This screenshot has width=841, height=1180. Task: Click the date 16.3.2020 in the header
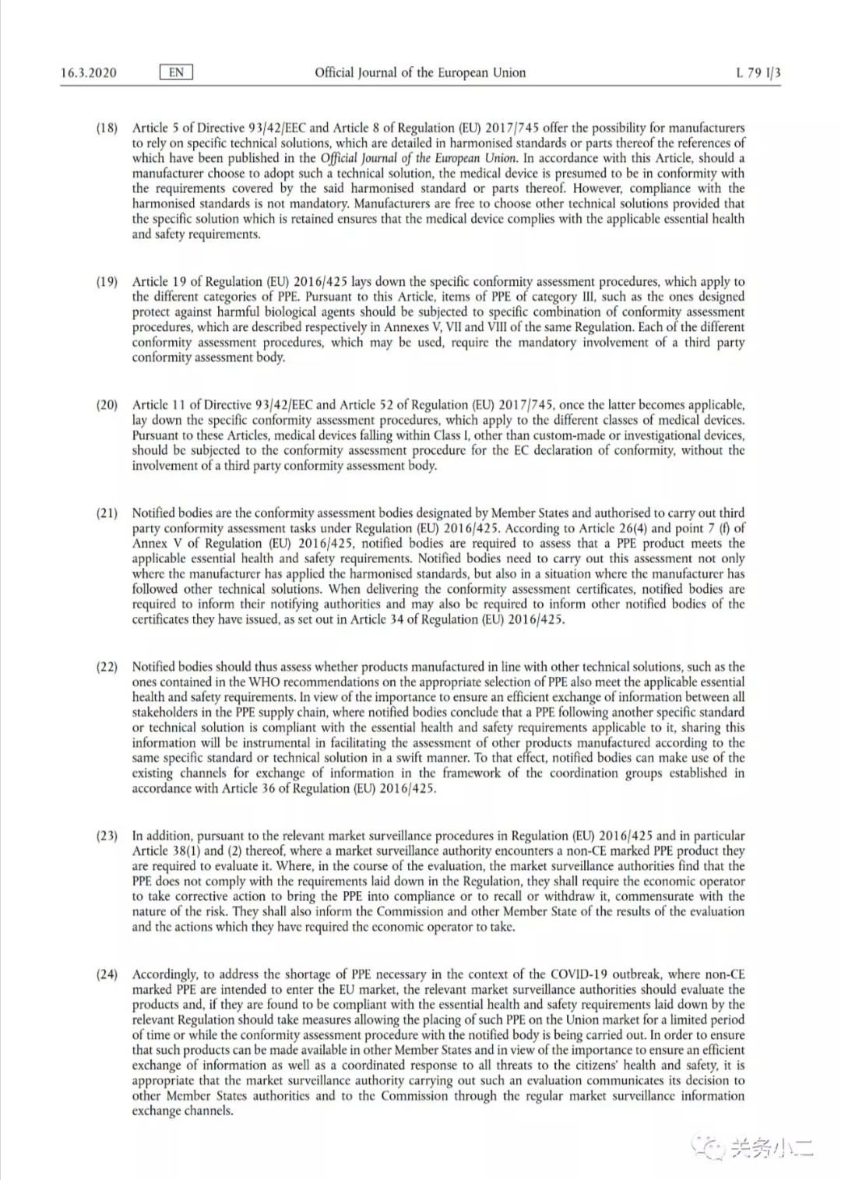[89, 73]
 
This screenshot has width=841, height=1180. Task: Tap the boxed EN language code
[176, 72]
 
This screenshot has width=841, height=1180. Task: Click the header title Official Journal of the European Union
[420, 72]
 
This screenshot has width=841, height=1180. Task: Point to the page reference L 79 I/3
[758, 73]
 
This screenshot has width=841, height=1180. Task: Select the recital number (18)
[107, 128]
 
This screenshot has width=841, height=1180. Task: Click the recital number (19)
[107, 281]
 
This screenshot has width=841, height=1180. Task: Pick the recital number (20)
[107, 405]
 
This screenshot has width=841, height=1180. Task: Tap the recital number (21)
[107, 513]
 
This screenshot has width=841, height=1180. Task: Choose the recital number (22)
[107, 667]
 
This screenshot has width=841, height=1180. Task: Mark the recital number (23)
[107, 836]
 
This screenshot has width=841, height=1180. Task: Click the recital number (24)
[107, 974]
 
